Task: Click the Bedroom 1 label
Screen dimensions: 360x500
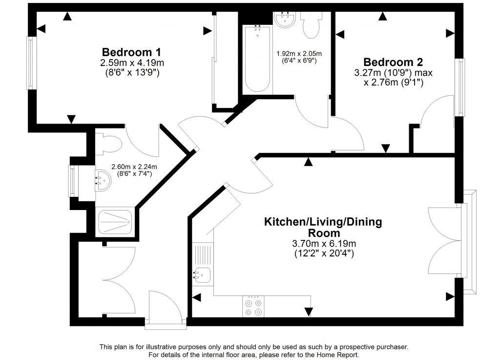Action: click(131, 52)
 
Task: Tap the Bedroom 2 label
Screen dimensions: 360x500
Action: click(393, 63)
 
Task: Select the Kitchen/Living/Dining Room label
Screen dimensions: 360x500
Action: click(323, 227)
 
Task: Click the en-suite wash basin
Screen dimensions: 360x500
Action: click(104, 180)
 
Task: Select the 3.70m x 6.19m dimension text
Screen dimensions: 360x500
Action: click(323, 243)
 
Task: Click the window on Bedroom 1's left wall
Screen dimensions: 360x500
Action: click(31, 63)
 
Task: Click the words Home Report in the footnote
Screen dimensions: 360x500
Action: click(339, 355)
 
